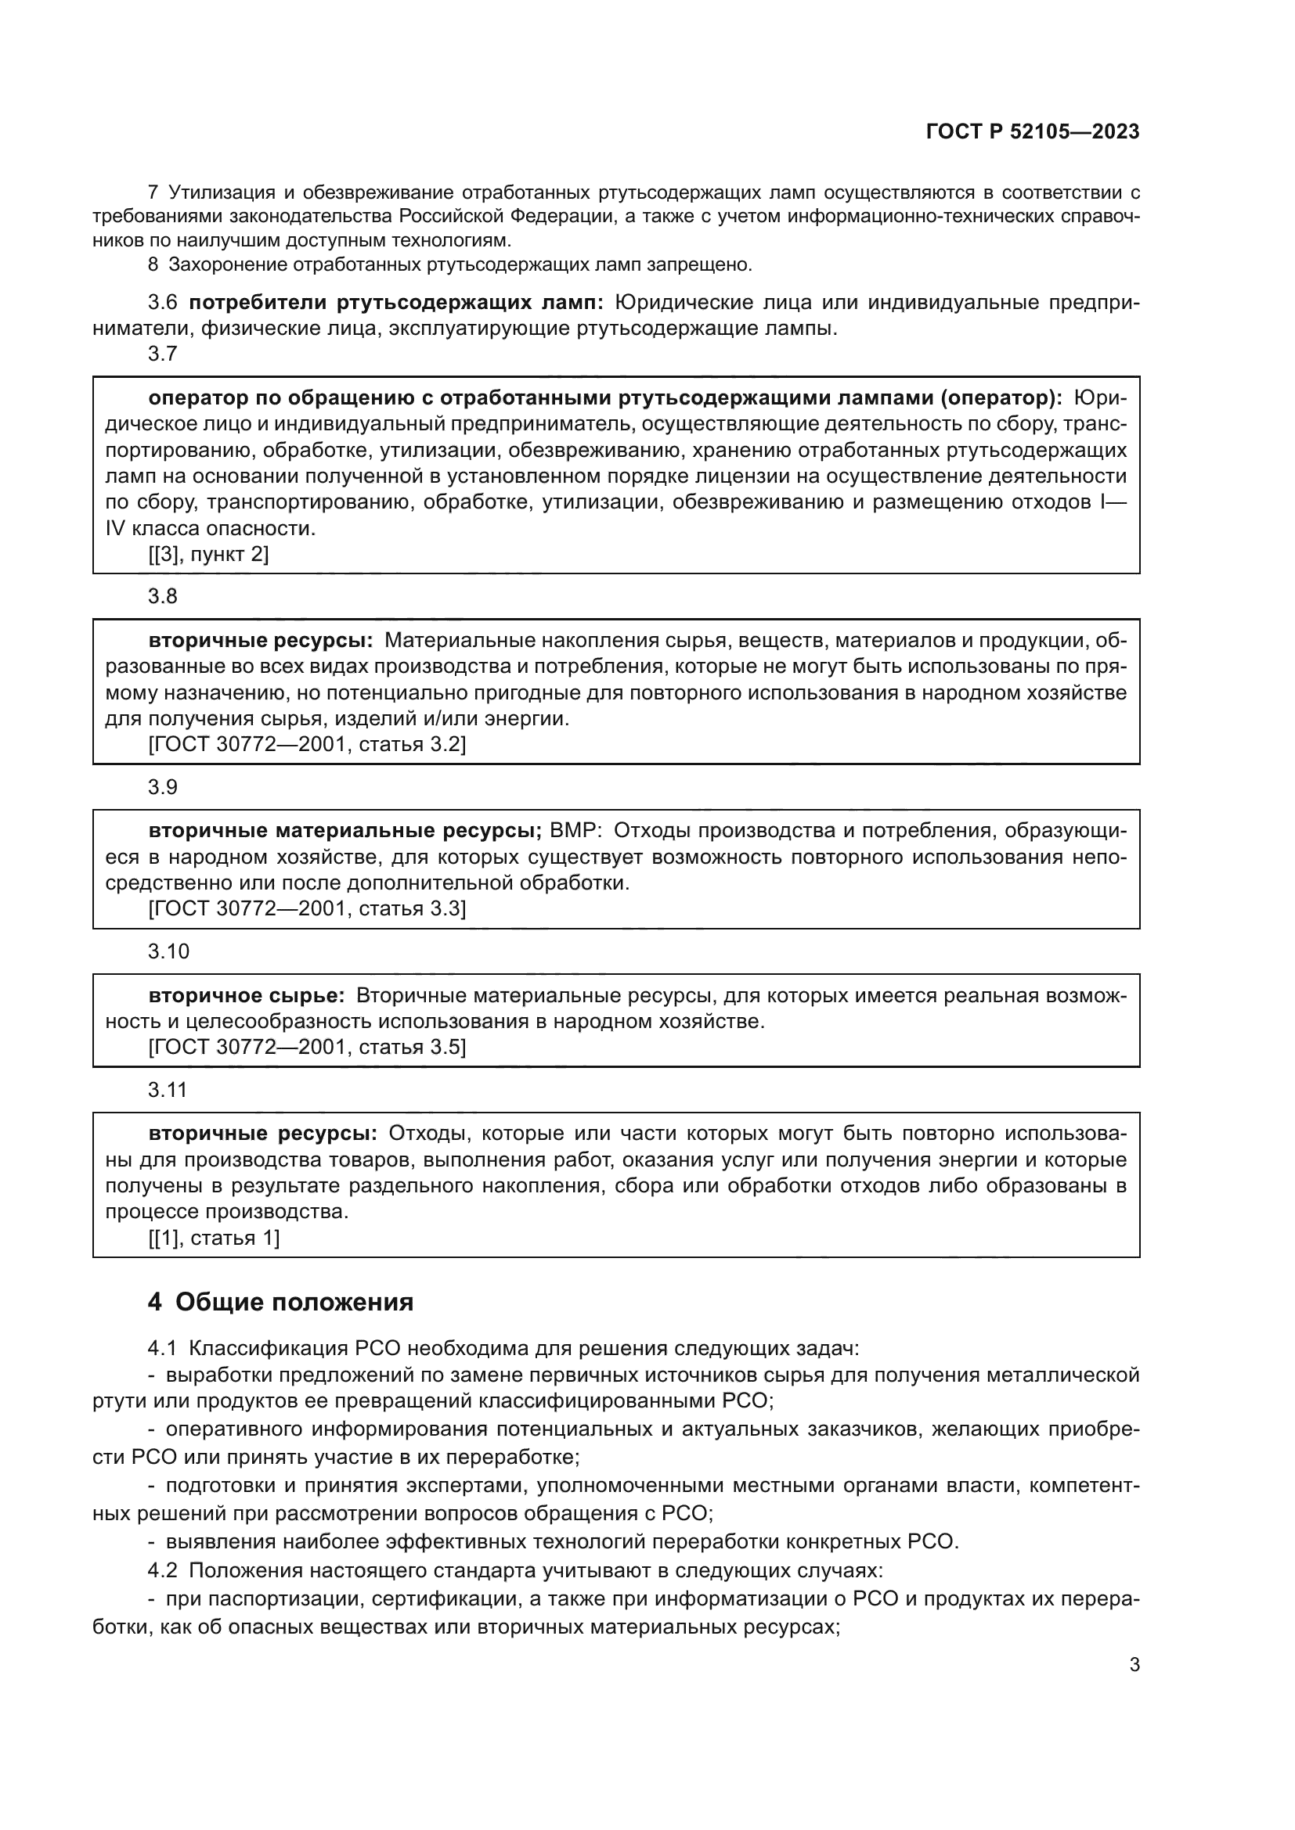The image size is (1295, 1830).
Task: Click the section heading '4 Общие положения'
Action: click(x=281, y=1303)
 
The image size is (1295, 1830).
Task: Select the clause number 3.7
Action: click(x=163, y=354)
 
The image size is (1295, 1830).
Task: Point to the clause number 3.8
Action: click(x=163, y=597)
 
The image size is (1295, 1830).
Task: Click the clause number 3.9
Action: click(x=163, y=788)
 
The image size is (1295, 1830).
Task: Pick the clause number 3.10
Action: click(x=168, y=951)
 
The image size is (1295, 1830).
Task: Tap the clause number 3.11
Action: click(x=168, y=1090)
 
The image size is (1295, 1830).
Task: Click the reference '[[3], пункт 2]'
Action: click(x=209, y=554)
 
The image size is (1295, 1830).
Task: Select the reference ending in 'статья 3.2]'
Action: click(x=307, y=744)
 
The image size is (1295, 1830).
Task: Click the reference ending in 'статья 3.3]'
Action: click(x=307, y=908)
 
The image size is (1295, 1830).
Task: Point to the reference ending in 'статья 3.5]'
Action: click(x=307, y=1047)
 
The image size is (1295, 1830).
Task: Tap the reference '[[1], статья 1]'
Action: click(x=214, y=1238)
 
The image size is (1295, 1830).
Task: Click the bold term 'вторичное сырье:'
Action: click(x=247, y=995)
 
